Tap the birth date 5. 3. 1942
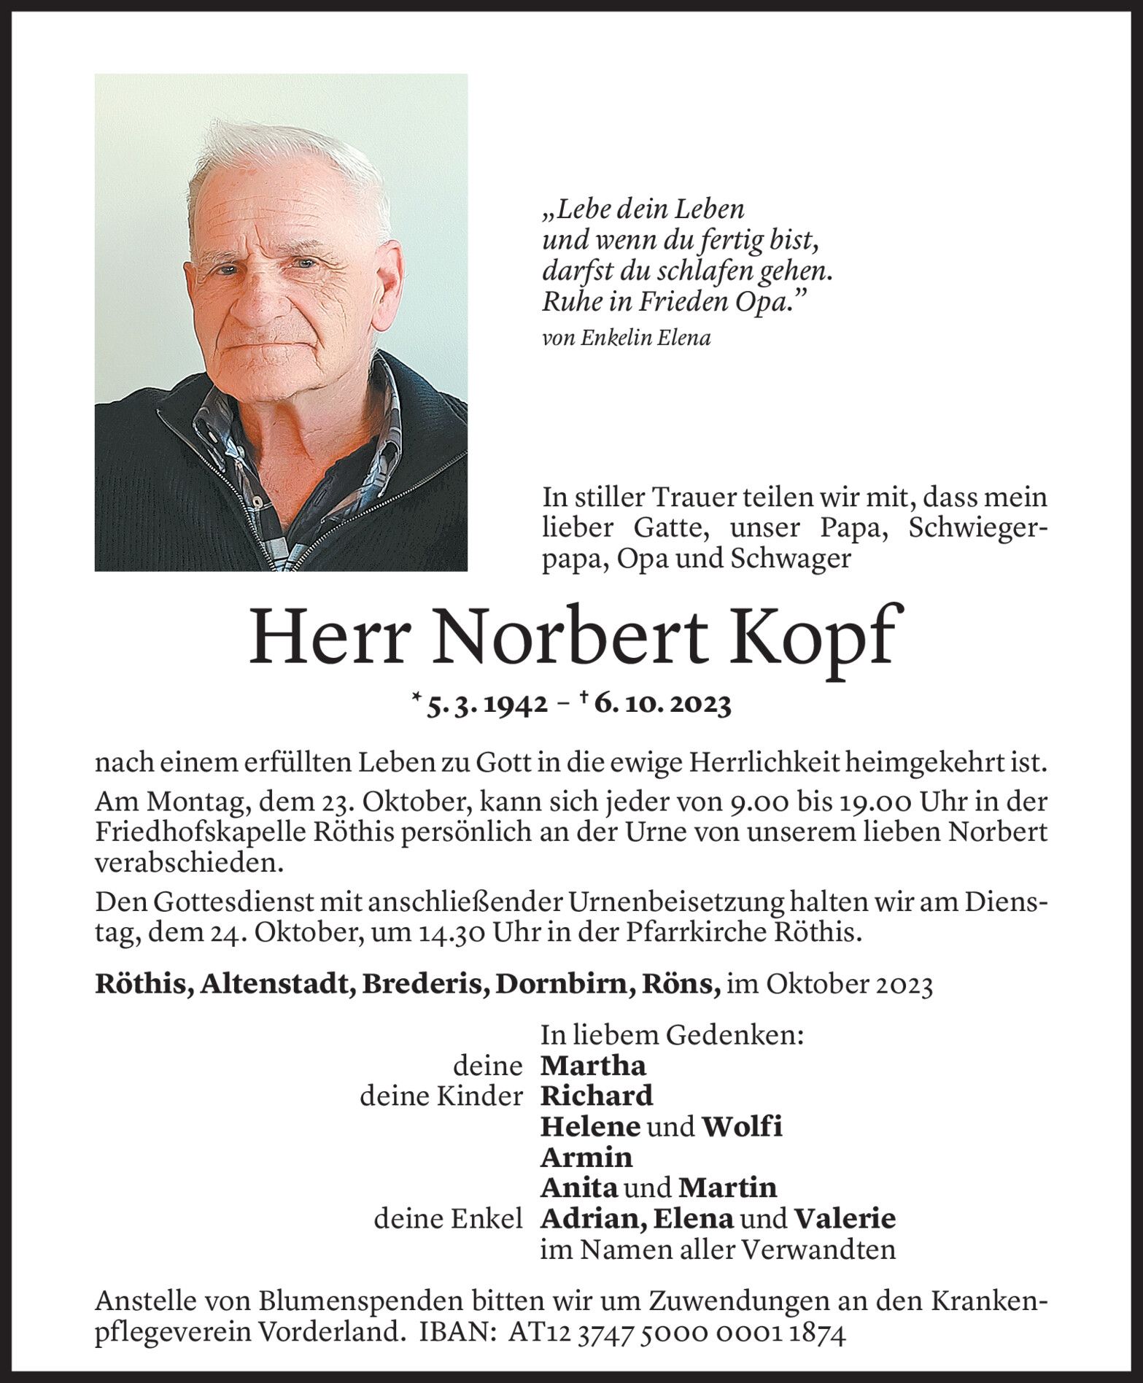(x=487, y=705)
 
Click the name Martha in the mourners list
(x=593, y=1066)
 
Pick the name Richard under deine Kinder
(x=596, y=1096)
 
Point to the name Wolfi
(x=742, y=1126)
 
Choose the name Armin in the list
(x=586, y=1157)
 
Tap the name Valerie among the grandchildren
(x=845, y=1218)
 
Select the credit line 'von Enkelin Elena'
(x=626, y=338)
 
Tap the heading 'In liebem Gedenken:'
(x=671, y=1035)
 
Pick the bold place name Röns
(x=680, y=985)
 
